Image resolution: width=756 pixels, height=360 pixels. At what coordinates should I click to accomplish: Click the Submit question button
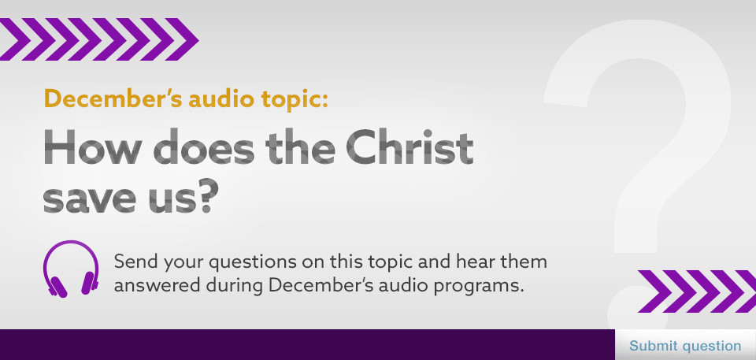[685, 346]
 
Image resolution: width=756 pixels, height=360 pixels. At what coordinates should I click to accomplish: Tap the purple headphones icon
[71, 269]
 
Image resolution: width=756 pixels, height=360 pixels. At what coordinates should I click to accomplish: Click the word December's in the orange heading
[113, 99]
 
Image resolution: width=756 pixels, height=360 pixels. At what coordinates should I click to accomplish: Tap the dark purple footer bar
[308, 344]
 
